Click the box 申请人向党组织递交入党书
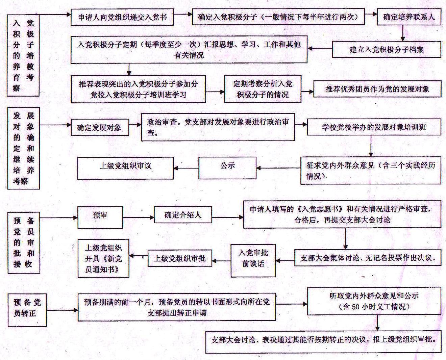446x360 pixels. (122, 17)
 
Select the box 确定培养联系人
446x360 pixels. (409, 17)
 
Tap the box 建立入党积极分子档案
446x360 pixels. (387, 49)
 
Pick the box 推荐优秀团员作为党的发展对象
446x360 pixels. (377, 89)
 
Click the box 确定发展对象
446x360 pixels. (100, 127)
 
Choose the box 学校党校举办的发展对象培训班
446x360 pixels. (374, 127)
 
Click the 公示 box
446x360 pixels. (227, 168)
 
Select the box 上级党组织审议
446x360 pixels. (125, 168)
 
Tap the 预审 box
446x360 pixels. (100, 217)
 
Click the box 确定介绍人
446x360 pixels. (183, 215)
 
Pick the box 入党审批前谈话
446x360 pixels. (253, 261)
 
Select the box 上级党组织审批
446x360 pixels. (180, 258)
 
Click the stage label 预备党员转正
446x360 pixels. (27, 310)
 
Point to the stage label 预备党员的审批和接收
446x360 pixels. (24, 243)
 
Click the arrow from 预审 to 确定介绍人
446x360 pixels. (139, 218)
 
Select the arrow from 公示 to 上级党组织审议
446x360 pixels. (186, 168)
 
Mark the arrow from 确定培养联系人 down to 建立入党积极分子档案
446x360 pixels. (402, 33)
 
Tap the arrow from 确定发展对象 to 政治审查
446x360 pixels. (135, 125)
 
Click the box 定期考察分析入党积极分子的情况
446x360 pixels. (263, 89)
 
